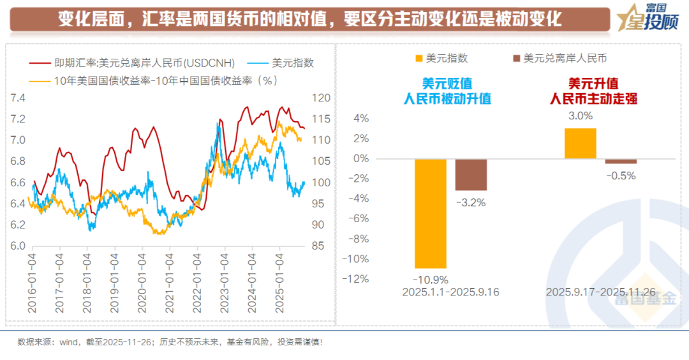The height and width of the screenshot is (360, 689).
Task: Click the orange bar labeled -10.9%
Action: pyautogui.click(x=431, y=213)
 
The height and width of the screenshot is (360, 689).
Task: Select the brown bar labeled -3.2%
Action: pyautogui.click(x=471, y=174)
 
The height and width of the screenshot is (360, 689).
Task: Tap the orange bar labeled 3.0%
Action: pyautogui.click(x=581, y=144)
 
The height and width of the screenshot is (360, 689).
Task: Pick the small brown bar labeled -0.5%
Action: pyautogui.click(x=621, y=161)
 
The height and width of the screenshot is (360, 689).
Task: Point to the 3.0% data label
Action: pyautogui.click(x=581, y=116)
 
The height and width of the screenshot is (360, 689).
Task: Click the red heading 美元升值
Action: pyautogui.click(x=593, y=84)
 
